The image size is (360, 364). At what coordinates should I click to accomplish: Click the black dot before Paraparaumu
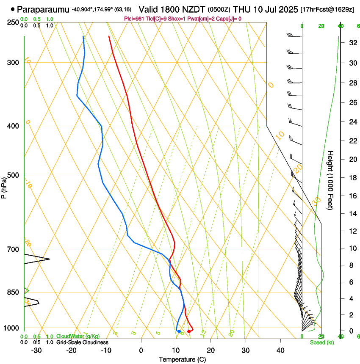(x=13, y=9)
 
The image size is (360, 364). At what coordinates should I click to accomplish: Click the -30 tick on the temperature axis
(x=36, y=350)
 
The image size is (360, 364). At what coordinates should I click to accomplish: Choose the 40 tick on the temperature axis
(x=280, y=350)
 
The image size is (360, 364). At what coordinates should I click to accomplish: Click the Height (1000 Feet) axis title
(x=331, y=180)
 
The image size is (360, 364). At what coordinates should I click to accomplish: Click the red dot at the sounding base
(x=189, y=331)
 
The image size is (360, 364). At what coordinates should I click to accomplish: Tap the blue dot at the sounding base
(x=179, y=331)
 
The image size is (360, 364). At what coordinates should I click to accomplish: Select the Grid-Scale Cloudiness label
(x=82, y=342)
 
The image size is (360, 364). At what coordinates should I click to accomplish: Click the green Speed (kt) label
(x=322, y=342)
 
